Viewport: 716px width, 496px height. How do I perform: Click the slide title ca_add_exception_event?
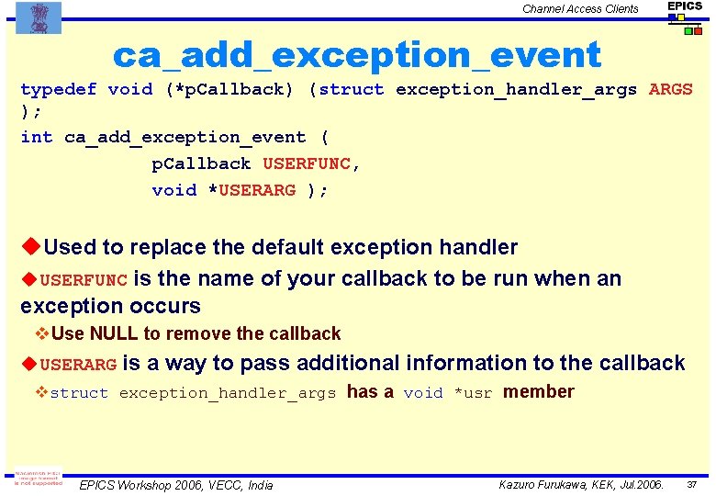tap(356, 55)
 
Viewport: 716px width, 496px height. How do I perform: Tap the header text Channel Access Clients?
tap(580, 9)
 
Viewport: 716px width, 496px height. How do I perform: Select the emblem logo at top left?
tap(39, 17)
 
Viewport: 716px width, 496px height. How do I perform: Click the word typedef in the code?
tap(58, 89)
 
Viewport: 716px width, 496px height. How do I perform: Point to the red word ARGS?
tap(670, 89)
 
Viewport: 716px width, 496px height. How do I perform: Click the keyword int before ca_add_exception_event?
tap(37, 137)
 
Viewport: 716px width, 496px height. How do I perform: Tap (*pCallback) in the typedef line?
tap(229, 89)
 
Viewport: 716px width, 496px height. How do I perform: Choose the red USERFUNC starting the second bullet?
tap(84, 279)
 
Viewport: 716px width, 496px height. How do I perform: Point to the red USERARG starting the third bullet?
tap(79, 365)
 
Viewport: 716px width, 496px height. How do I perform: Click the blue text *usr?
tap(473, 393)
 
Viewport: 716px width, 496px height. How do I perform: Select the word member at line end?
tap(539, 392)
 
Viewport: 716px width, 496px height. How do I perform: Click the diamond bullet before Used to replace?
tap(30, 247)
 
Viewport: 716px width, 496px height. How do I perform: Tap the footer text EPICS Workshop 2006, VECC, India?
tap(176, 484)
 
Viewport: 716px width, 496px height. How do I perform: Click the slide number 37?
tap(692, 484)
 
